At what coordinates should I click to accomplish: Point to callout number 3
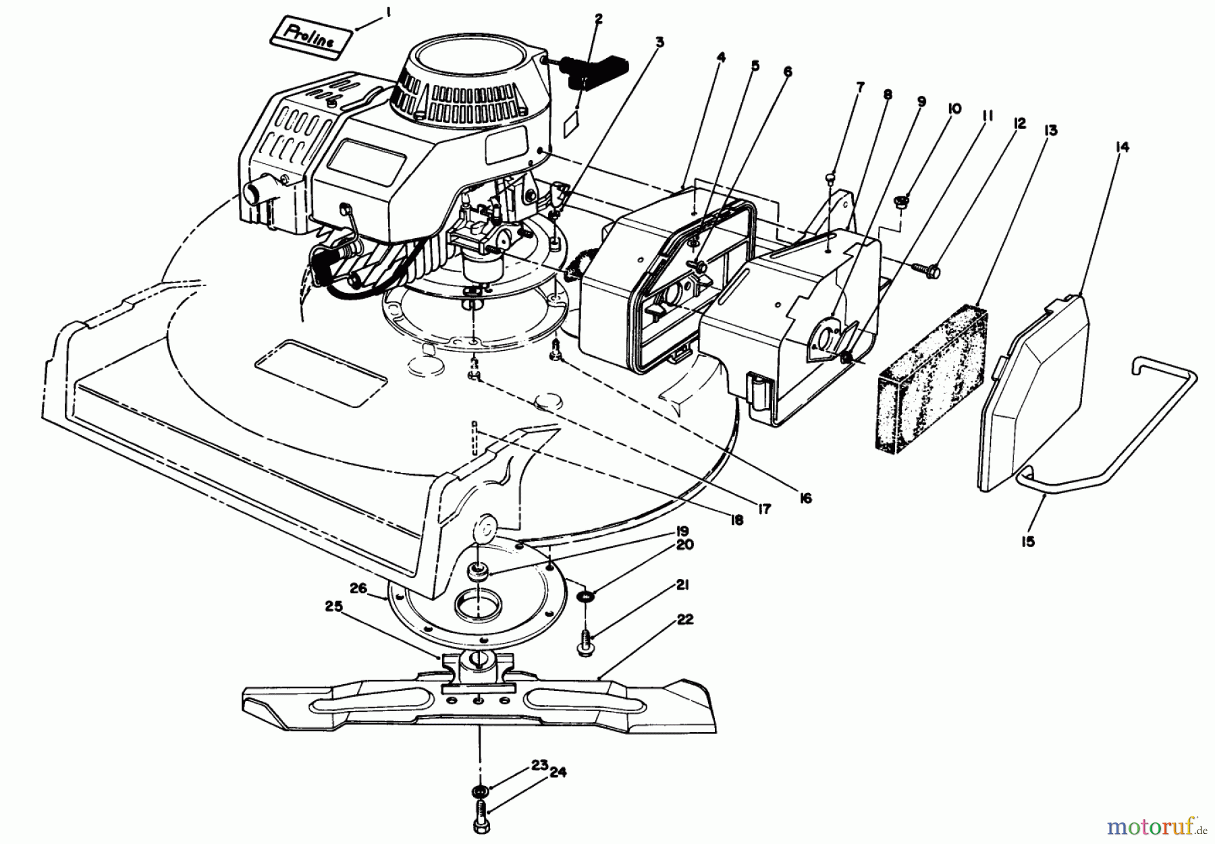(659, 43)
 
